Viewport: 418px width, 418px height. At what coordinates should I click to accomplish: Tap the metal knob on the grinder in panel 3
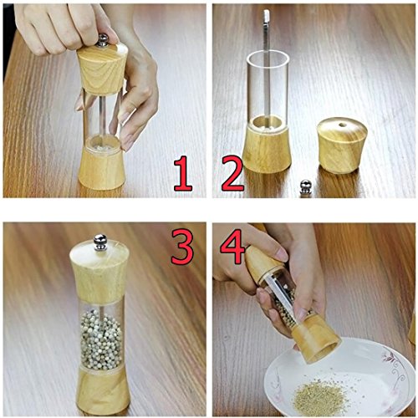99,242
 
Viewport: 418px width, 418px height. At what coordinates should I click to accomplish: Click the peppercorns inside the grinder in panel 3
100,343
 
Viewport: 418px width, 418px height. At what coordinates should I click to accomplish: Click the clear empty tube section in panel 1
101,113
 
